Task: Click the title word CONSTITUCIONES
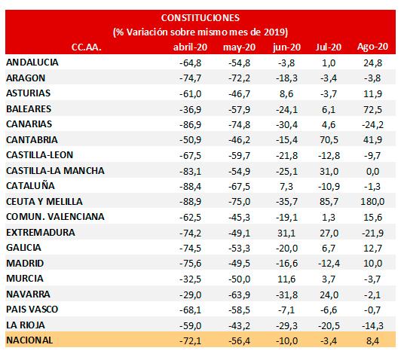tap(200, 17)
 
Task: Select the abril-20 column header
tap(190, 47)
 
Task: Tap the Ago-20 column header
tap(372, 47)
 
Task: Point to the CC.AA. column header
tap(86, 47)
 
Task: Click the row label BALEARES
tap(29, 109)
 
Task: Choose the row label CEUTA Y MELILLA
tap(44, 202)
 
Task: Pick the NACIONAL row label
tap(29, 340)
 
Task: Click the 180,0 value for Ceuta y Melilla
tap(372, 202)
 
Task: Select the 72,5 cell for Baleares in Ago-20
tap(372, 109)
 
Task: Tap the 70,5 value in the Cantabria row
tap(329, 140)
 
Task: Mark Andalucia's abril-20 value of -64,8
tap(190, 63)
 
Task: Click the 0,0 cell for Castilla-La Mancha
tap(372, 171)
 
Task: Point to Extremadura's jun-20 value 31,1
tap(286, 233)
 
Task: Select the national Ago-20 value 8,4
tap(372, 341)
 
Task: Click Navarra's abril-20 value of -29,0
tap(190, 294)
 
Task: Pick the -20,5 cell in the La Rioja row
tap(329, 326)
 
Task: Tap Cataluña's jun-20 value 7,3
tap(286, 187)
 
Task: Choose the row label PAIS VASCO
tap(32, 310)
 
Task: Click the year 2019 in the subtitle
tap(276, 32)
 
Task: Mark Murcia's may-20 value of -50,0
tap(240, 279)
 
